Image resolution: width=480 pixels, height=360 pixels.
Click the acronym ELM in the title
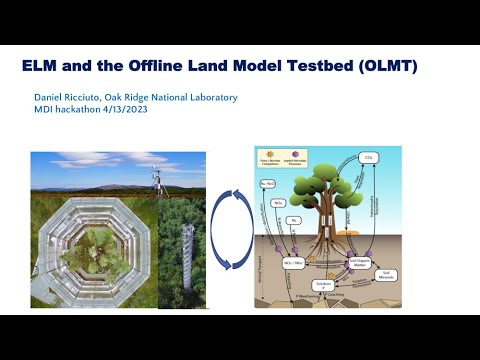pyautogui.click(x=40, y=66)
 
